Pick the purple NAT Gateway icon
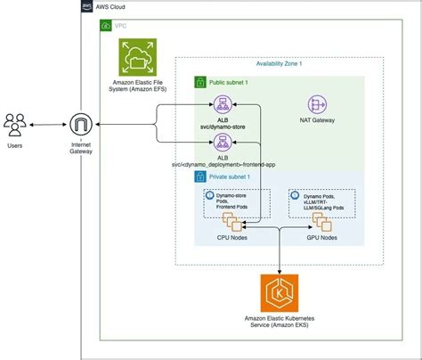pos(318,103)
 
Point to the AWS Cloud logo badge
pos(87,6)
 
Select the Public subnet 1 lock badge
pos(200,81)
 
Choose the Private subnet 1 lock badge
pos(200,177)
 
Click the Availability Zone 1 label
pos(280,63)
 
